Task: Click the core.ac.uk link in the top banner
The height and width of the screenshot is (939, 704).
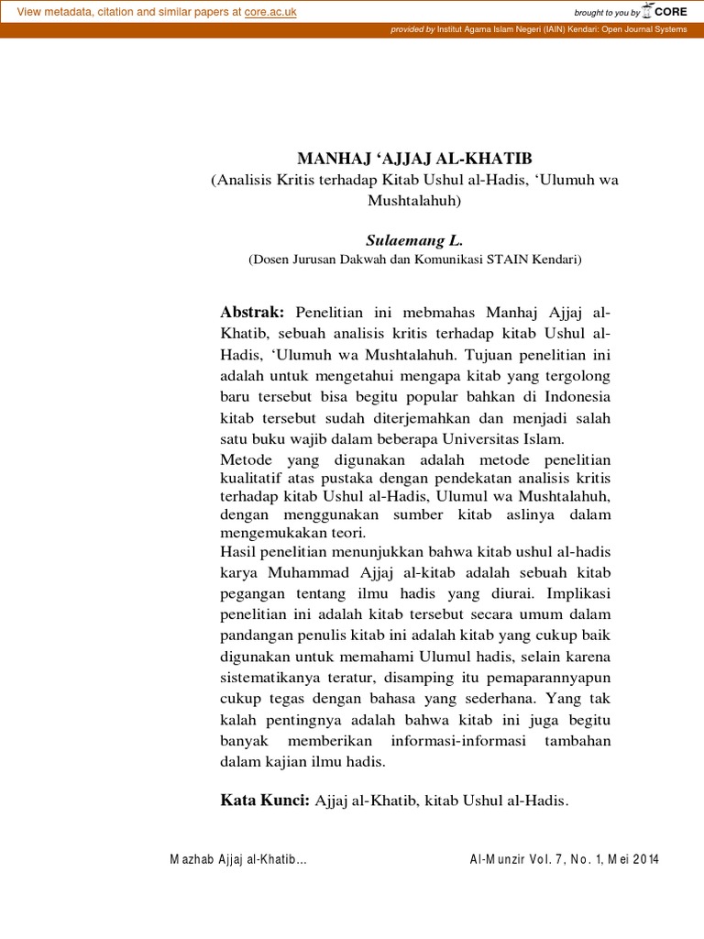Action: pyautogui.click(x=270, y=12)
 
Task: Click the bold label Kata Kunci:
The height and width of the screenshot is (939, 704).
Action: pyautogui.click(x=265, y=801)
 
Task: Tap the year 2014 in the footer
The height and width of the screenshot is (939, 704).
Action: pyautogui.click(x=643, y=859)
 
